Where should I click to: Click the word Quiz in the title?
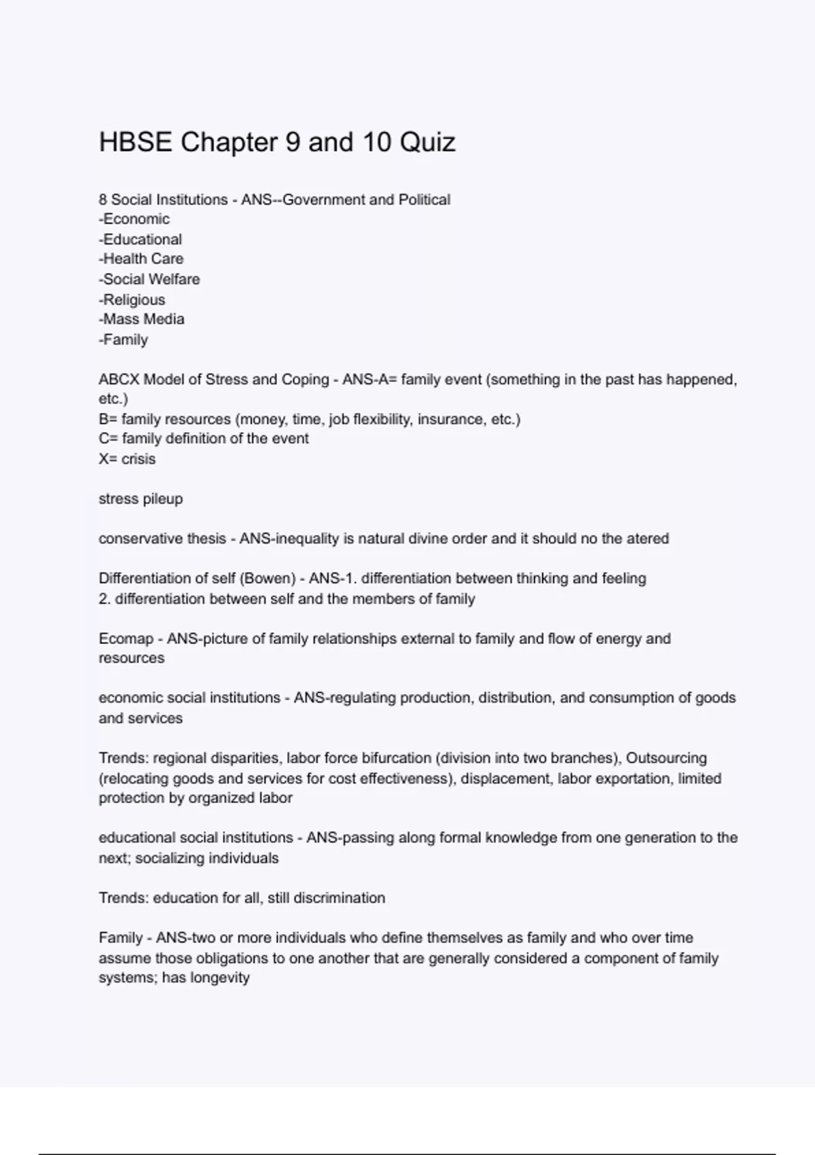[427, 143]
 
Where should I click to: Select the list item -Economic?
[134, 219]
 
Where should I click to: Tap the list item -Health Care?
[141, 259]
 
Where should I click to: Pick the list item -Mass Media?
[141, 319]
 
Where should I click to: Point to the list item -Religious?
[132, 300]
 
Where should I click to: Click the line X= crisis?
[127, 459]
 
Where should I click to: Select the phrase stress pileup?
[141, 499]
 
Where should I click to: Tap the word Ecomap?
[126, 639]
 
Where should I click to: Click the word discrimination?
[339, 898]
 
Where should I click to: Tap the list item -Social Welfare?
[149, 279]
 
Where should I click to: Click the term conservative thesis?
[162, 539]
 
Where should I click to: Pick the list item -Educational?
[141, 239]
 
